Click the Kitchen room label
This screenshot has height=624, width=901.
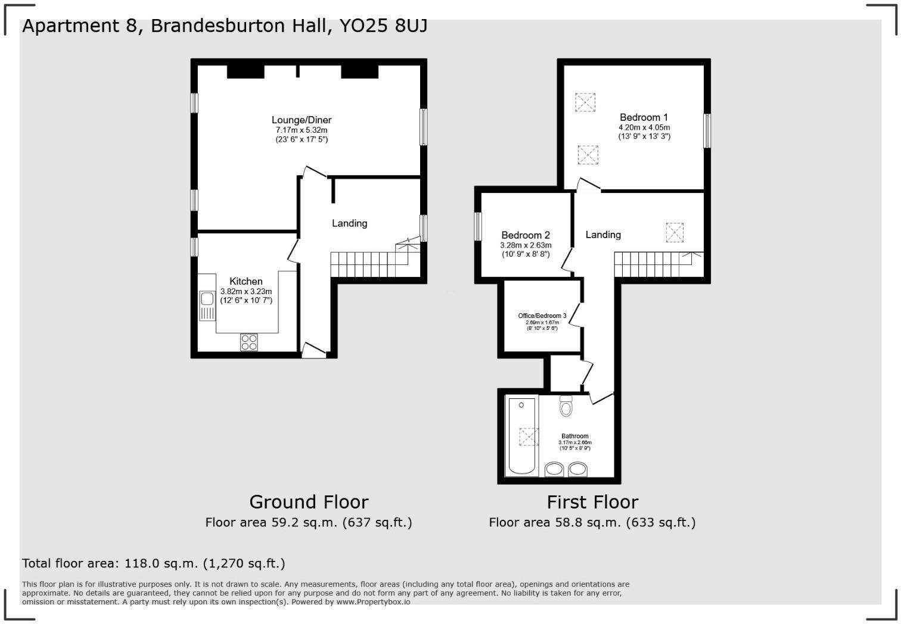[246, 282]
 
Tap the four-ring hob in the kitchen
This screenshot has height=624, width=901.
[249, 342]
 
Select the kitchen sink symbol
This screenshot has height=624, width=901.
[207, 305]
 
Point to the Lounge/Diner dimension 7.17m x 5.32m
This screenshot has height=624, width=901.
[301, 130]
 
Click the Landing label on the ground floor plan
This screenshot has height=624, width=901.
[349, 223]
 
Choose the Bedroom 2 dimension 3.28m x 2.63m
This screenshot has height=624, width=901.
[525, 245]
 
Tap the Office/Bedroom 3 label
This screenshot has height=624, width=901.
[542, 316]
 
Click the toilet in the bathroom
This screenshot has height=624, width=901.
[566, 407]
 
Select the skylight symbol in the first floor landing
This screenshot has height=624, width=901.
[674, 232]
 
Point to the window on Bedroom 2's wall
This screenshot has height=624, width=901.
[478, 227]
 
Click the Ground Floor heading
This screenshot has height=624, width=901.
[309, 502]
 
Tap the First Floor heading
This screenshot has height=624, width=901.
[592, 502]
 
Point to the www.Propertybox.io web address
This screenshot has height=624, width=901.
[373, 602]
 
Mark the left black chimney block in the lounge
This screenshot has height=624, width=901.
[245, 71]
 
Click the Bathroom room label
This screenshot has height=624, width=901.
[574, 436]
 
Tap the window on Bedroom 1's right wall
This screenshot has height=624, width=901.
[707, 131]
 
